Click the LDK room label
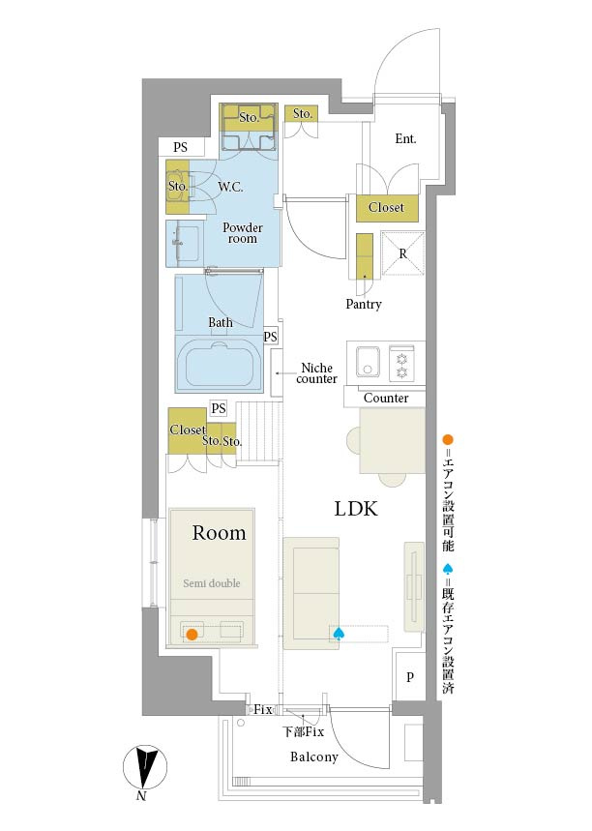[x=356, y=509]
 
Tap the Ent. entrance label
[x=405, y=139]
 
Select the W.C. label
[x=230, y=187]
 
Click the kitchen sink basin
[x=368, y=361]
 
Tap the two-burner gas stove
[x=401, y=363]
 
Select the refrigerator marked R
[x=402, y=253]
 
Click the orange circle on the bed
[x=192, y=634]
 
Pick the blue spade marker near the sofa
[x=339, y=633]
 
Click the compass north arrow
[x=145, y=767]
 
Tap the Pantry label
[x=363, y=304]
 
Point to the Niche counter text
[x=316, y=373]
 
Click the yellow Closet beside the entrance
[x=386, y=208]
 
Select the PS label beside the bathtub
[x=270, y=337]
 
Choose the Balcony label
[x=313, y=757]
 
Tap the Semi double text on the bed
[x=212, y=583]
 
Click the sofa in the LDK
[x=311, y=594]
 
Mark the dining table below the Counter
[x=392, y=440]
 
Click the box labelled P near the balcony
[x=410, y=676]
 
